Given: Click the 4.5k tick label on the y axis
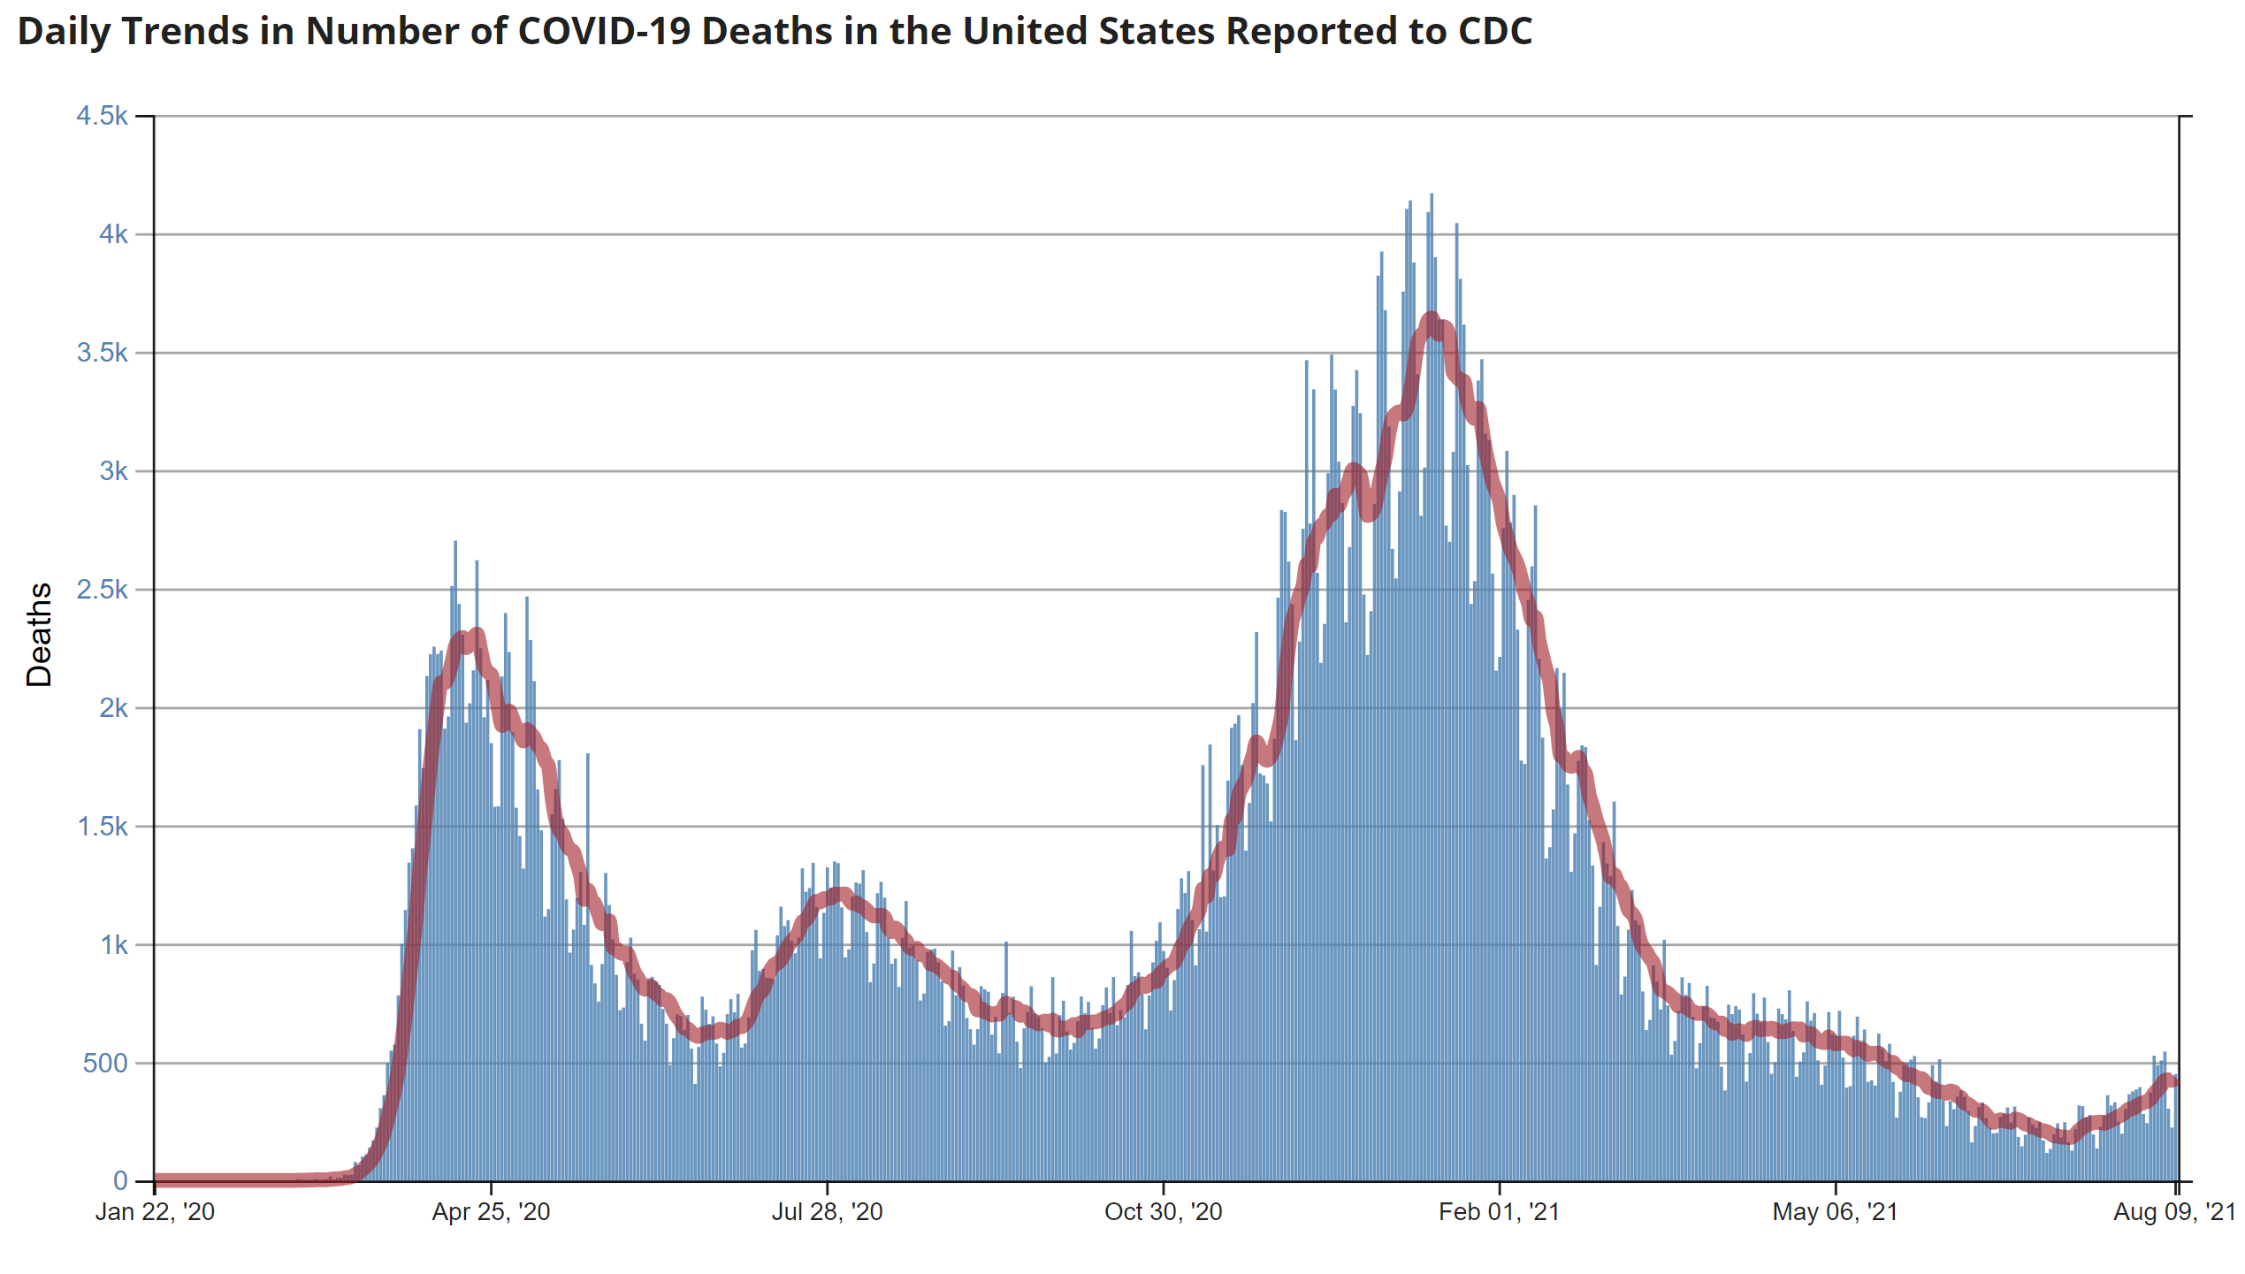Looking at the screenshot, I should point(102,116).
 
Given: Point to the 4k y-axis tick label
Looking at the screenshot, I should point(113,234).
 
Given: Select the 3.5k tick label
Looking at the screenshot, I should point(102,353).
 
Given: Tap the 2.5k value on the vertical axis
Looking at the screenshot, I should point(102,590).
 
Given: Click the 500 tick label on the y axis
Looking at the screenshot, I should point(105,1063).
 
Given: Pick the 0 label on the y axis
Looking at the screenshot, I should point(120,1181).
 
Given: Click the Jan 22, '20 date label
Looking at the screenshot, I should point(155,1212).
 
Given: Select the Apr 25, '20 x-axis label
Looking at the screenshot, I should point(491,1212).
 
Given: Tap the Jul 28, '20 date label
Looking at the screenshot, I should point(827,1212).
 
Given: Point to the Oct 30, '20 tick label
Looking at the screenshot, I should point(1163,1212).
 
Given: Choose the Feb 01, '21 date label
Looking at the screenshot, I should point(1499,1212).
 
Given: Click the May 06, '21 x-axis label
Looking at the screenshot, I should point(1835,1212).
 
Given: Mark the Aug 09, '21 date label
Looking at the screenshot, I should point(2174,1212).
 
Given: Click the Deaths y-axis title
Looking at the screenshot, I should point(40,634).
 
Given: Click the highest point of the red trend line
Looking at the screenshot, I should point(1432,318).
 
